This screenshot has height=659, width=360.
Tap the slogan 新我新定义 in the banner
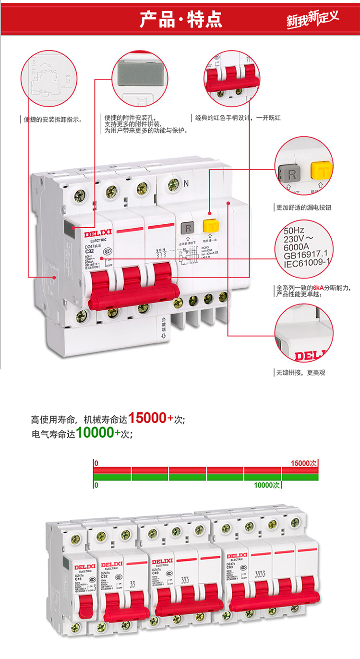pos(312,19)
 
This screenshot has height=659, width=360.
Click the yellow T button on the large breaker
pos(209,226)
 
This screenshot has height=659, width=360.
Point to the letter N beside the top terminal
pos(185,183)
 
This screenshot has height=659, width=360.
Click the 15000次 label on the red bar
pos(304,463)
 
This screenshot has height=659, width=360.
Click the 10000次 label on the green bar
pos(267,485)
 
